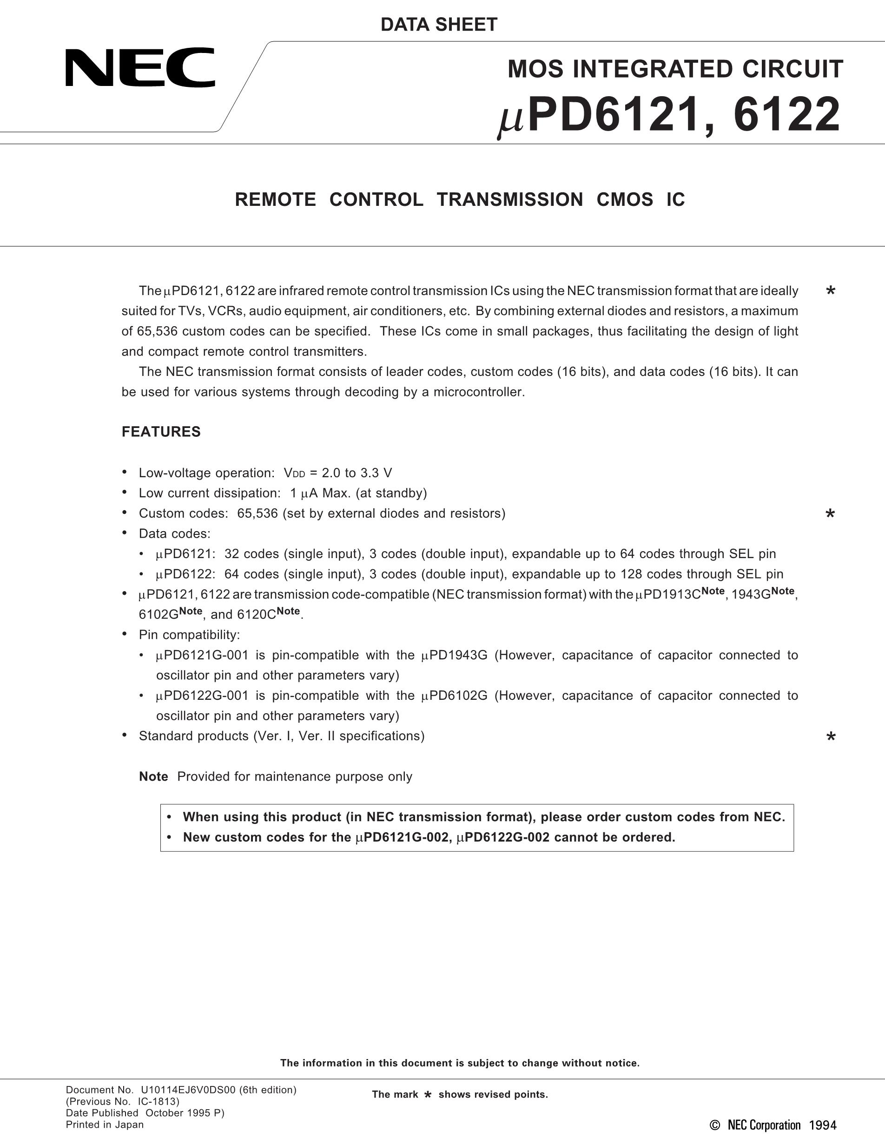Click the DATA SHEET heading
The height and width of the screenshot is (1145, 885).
(x=439, y=25)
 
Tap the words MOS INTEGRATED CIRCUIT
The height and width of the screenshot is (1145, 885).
(x=675, y=69)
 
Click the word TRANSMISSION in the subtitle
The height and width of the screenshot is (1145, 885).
(x=509, y=200)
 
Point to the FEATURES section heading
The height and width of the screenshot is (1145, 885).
(x=161, y=432)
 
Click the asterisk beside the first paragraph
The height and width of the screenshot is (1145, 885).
(x=831, y=291)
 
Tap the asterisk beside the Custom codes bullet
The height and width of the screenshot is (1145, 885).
(x=831, y=514)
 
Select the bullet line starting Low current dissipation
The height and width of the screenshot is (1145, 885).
(x=283, y=494)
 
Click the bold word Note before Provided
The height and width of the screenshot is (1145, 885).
(x=153, y=776)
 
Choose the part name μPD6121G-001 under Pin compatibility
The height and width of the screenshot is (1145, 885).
(x=202, y=655)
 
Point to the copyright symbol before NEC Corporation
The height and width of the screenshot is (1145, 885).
(x=714, y=1125)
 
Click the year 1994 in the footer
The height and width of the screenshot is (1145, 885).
(x=823, y=1125)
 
